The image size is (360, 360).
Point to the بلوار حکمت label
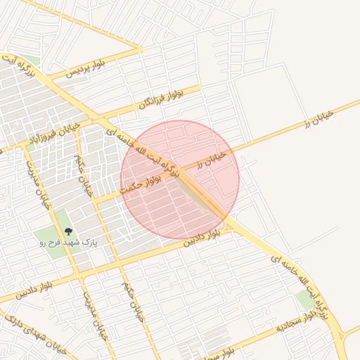click(x=141, y=184)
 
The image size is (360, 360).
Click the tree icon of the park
click(x=68, y=230)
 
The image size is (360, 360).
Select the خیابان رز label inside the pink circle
click(x=211, y=159)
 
